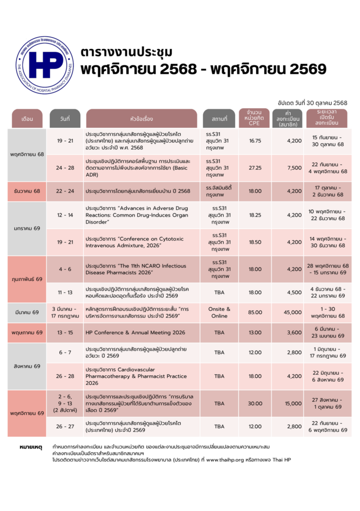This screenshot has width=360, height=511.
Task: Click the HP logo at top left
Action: (x=44, y=64)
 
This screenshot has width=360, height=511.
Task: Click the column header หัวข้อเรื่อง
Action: (x=141, y=119)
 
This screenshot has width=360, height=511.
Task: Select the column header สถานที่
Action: (x=219, y=119)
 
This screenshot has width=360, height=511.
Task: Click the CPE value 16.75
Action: (x=255, y=141)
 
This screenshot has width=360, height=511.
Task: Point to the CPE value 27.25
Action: (x=255, y=168)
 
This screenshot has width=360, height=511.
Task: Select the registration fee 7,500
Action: (x=294, y=168)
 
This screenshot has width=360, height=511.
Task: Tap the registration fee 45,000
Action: (x=293, y=312)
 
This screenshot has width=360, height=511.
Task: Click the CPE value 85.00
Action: (x=255, y=312)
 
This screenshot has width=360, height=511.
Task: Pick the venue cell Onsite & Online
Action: (x=219, y=312)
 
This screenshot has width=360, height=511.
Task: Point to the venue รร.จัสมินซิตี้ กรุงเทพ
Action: (x=219, y=191)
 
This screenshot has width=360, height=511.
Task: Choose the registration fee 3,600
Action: (x=294, y=332)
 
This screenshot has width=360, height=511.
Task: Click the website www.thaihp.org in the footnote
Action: (x=231, y=459)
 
